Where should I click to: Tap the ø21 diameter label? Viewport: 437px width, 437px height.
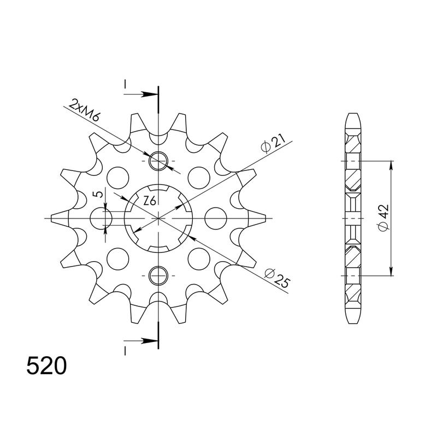[x=271, y=144]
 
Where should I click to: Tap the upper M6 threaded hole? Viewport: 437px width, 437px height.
[x=158, y=162]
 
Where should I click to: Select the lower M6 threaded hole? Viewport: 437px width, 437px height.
[x=158, y=275]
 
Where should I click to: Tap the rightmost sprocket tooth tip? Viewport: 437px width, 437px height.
[x=265, y=218]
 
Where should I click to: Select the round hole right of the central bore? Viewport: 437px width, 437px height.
[x=215, y=218]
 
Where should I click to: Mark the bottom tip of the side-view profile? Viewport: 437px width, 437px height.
[x=353, y=323]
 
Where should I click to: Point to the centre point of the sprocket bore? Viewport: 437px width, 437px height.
[x=158, y=218]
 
